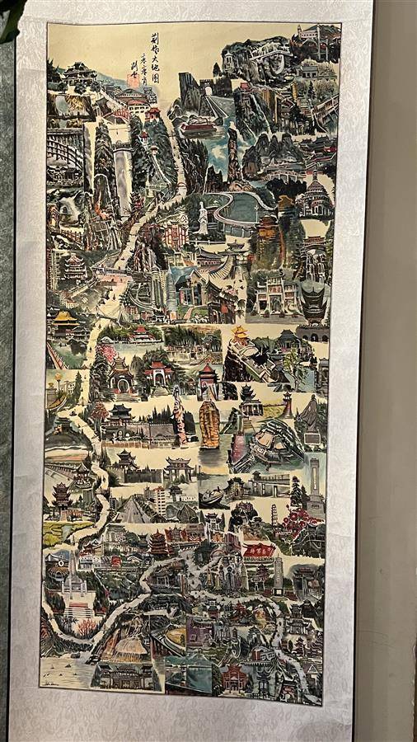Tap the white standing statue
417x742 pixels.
click(203, 218)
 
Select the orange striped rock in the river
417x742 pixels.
click(209, 424)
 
